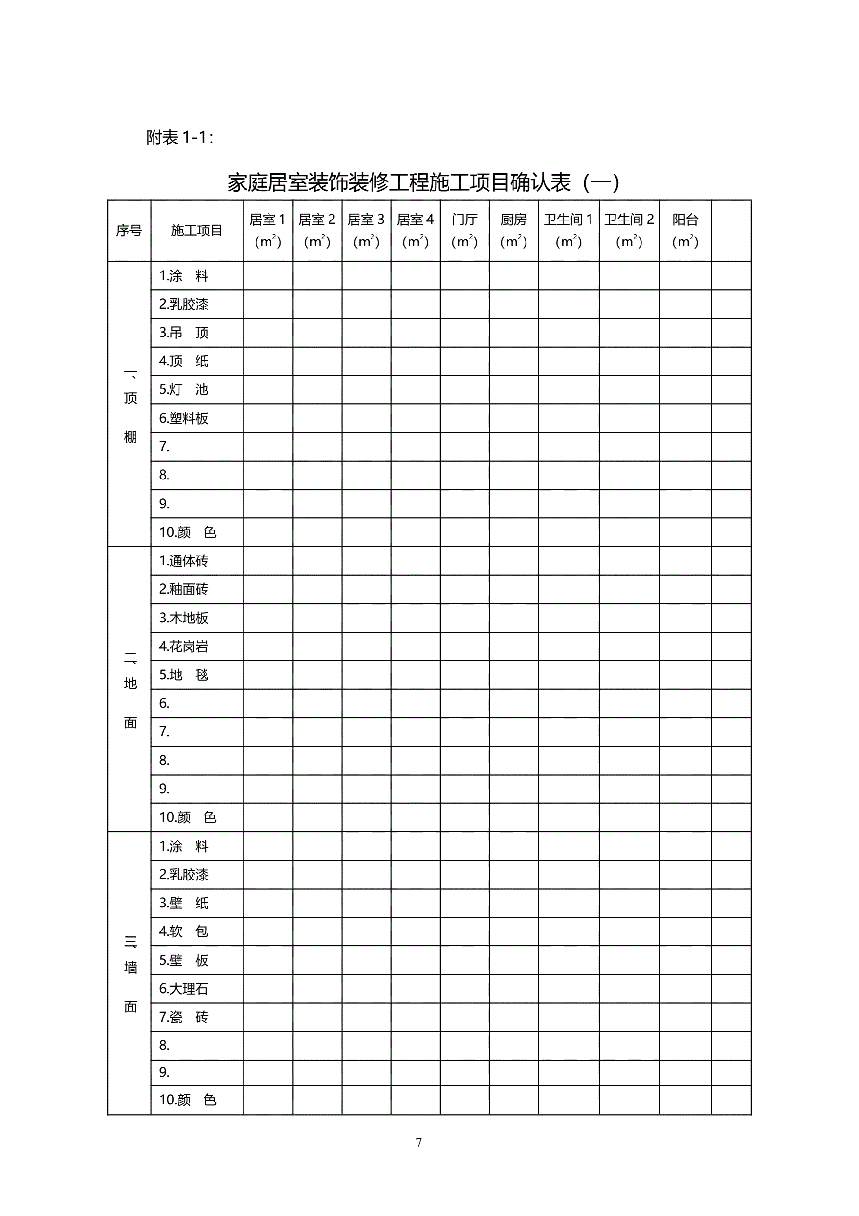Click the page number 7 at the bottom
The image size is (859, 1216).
pos(418,1142)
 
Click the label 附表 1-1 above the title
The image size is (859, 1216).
pos(179,138)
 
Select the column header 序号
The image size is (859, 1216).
pos(129,231)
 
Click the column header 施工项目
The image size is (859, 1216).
pos(196,231)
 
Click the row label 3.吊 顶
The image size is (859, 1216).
pos(184,333)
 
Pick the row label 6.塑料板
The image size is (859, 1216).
pos(184,418)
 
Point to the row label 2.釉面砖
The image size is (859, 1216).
pos(184,589)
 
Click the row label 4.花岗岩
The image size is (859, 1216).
pos(184,646)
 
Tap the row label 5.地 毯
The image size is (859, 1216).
pos(184,675)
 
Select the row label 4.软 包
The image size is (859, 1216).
pos(184,931)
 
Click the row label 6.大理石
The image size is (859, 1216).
pos(184,988)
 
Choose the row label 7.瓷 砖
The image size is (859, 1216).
pos(184,1017)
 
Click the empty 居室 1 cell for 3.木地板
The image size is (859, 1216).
pos(268,618)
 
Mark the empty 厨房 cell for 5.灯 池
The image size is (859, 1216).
pos(513,390)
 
